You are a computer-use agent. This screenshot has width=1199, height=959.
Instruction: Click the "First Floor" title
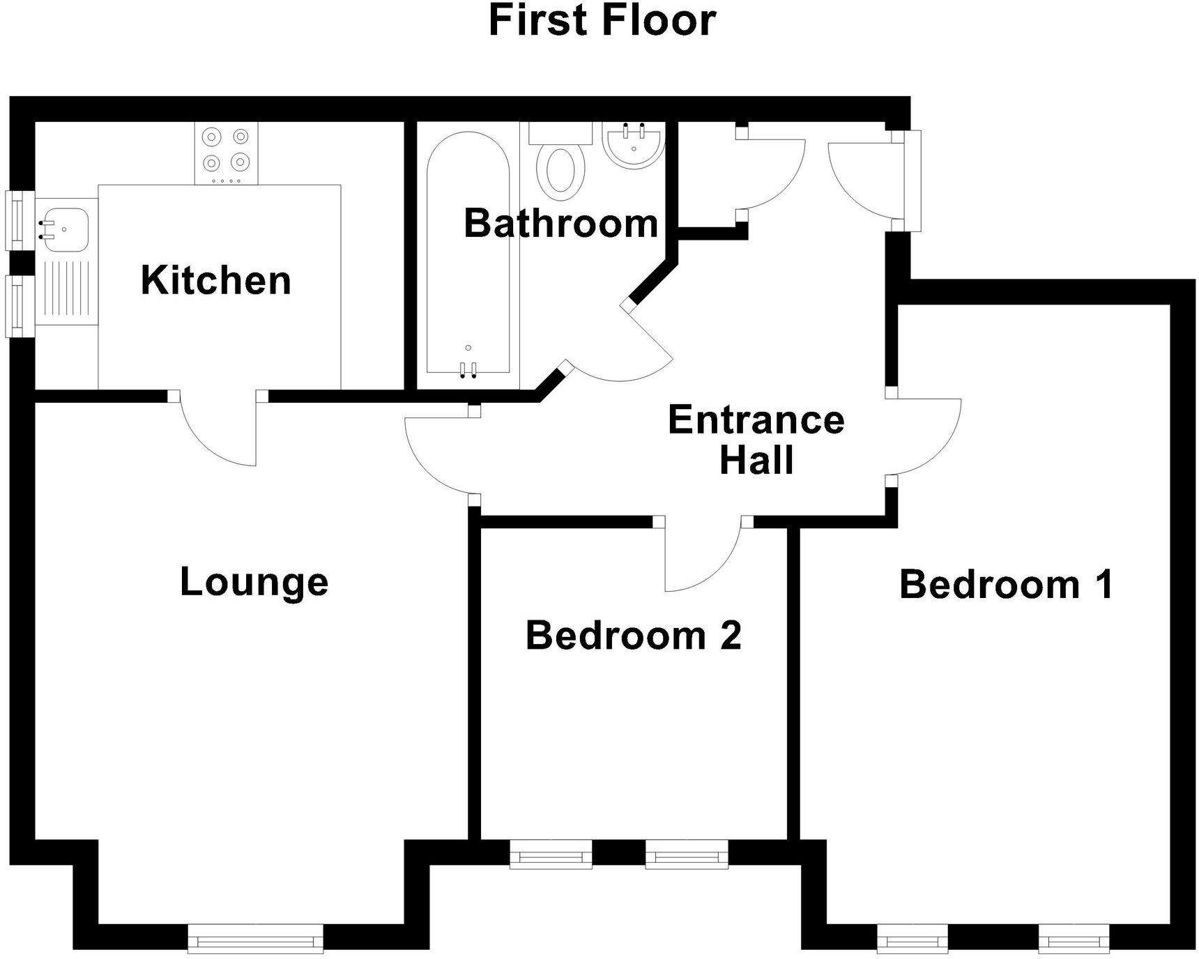[x=602, y=21]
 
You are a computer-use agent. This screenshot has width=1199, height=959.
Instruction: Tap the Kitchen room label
[x=216, y=280]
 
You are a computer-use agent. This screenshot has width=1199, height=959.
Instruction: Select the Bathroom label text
[x=561, y=224]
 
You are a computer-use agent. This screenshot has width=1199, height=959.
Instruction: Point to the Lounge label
[x=254, y=582]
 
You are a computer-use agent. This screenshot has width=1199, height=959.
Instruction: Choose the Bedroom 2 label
[x=633, y=636]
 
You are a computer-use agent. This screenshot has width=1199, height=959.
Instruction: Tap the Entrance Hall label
[x=756, y=440]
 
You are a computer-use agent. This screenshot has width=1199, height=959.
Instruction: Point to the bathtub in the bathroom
[x=468, y=258]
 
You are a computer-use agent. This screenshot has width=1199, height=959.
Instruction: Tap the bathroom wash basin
[x=633, y=145]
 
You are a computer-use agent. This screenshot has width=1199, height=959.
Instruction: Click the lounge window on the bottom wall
[x=256, y=938]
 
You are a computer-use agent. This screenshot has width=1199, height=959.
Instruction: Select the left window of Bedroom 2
[x=551, y=854]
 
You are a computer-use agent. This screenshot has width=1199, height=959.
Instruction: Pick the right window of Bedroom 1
[x=1074, y=938]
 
